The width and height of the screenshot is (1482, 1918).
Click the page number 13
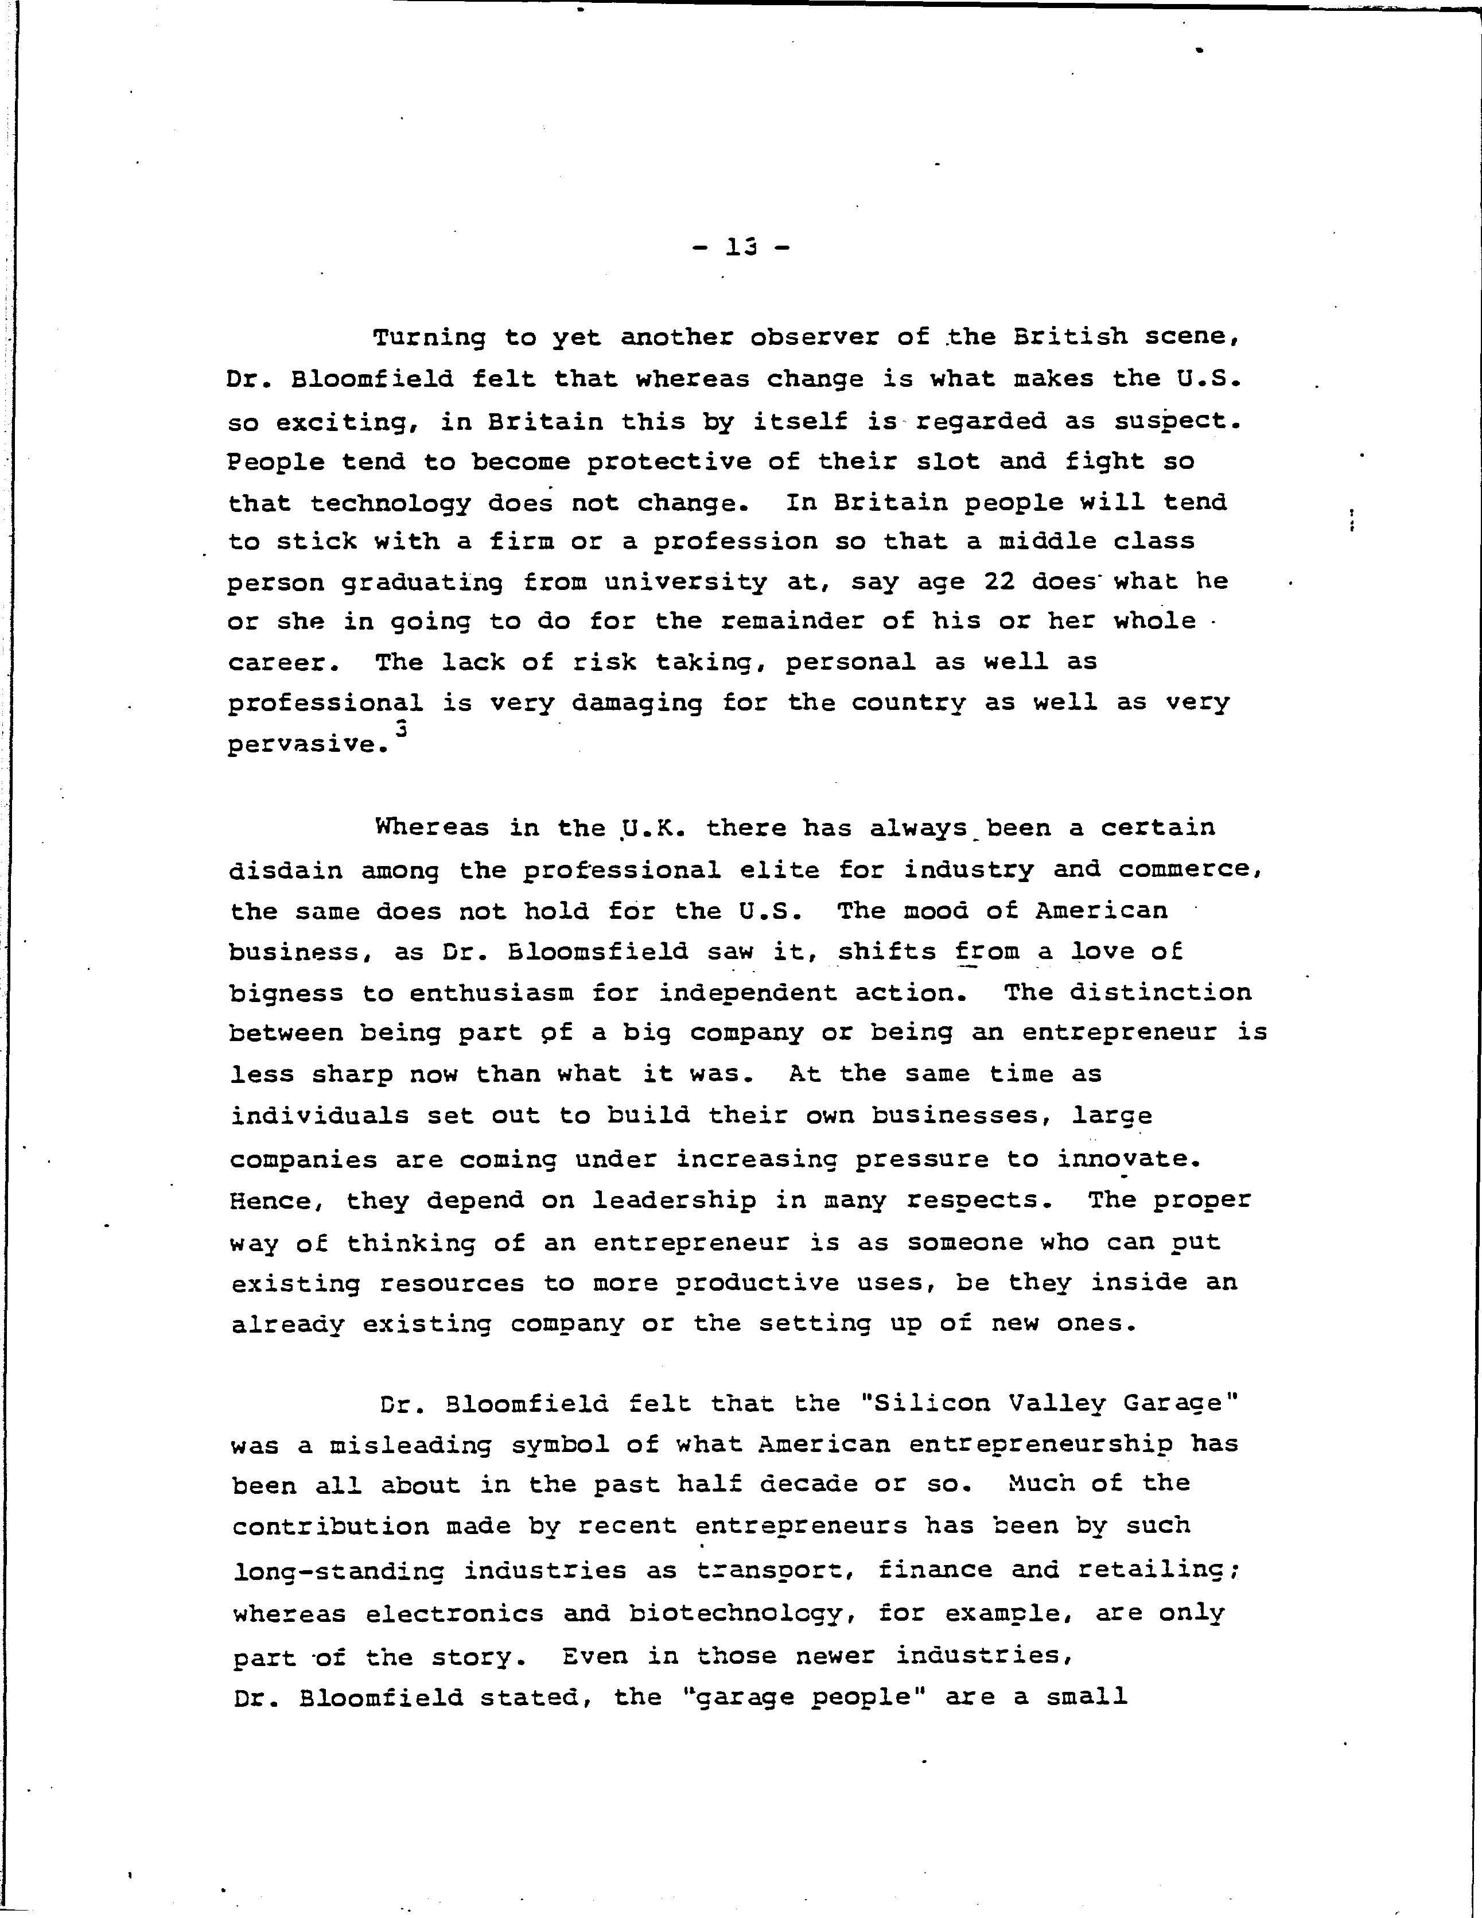741,248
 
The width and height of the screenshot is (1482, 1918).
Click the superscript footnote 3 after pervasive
401,728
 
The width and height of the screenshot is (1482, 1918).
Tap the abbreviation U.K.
651,828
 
